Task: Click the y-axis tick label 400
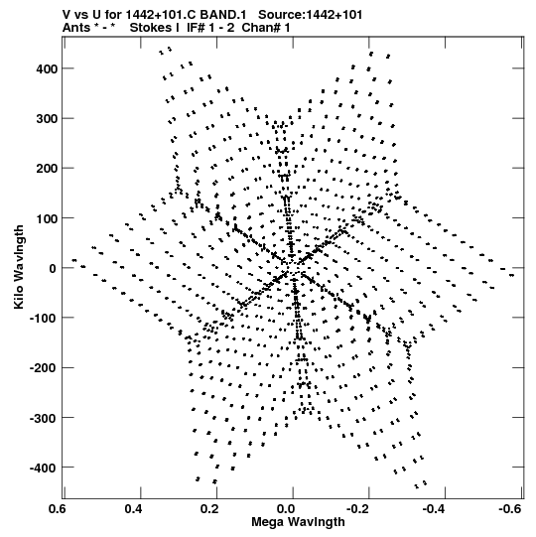[x=47, y=68]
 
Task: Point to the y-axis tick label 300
[x=47, y=119]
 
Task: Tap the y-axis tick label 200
[x=47, y=169]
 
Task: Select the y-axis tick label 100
[x=47, y=218]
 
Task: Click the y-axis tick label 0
[x=53, y=268]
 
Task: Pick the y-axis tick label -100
[x=44, y=319]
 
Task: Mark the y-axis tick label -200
[x=44, y=368]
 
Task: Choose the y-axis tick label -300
[x=44, y=418]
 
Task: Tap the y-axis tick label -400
[x=44, y=468]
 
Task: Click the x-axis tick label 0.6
[x=58, y=509]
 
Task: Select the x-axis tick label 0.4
[x=133, y=509]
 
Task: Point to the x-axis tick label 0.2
[x=209, y=509]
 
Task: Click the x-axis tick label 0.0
[x=286, y=509]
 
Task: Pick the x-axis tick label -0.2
[x=359, y=509]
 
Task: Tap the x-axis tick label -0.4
[x=435, y=509]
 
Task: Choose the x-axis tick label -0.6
[x=510, y=509]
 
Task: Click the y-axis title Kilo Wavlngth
[x=19, y=267]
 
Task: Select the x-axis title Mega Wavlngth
[x=298, y=522]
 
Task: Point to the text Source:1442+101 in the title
[x=310, y=15]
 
